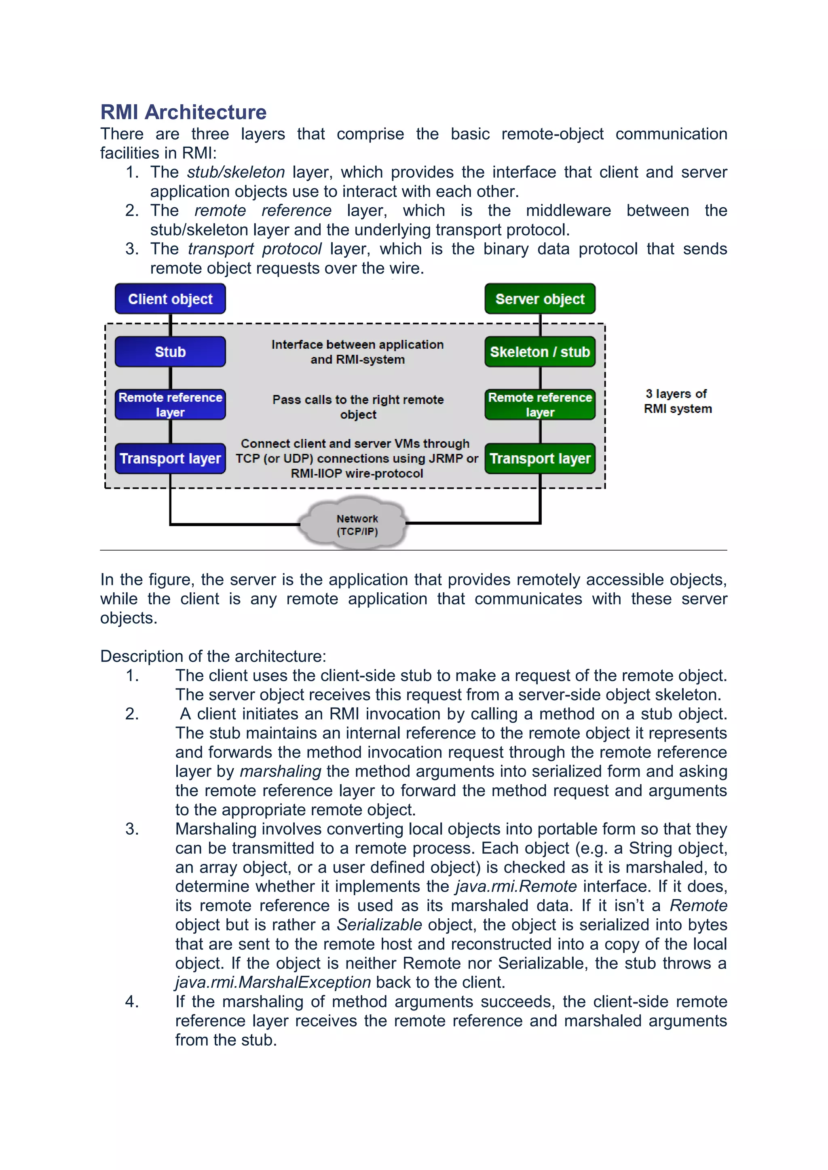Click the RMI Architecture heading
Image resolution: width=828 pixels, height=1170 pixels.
tap(183, 112)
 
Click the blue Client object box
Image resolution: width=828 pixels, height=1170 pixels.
tap(170, 299)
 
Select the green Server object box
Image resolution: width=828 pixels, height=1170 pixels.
tap(540, 299)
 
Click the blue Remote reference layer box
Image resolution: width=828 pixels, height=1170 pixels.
tap(170, 404)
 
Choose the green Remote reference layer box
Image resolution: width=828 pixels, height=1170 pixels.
tap(540, 404)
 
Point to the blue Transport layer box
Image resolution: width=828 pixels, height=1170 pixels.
tap(170, 459)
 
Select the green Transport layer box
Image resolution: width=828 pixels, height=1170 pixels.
tap(540, 459)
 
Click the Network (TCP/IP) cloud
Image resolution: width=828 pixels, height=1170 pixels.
tap(357, 524)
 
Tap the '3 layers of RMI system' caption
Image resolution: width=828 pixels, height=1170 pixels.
tap(677, 401)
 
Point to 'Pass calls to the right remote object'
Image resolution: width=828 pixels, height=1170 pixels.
tap(358, 407)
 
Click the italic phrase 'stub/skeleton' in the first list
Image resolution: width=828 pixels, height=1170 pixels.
tap(236, 172)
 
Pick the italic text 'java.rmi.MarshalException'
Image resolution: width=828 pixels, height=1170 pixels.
tap(273, 982)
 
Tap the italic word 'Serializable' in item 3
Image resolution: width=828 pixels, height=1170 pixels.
tap(379, 924)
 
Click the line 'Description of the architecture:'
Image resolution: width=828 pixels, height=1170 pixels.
tap(213, 657)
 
